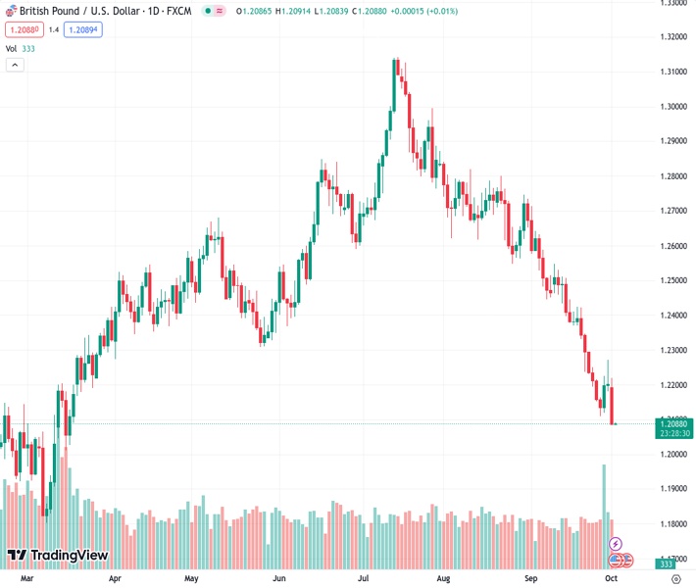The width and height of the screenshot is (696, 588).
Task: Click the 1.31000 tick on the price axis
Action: coord(672,72)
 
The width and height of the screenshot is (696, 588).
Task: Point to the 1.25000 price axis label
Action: coord(672,280)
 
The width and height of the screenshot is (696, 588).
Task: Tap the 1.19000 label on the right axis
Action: coord(672,488)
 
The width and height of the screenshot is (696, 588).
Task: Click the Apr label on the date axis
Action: coord(116,578)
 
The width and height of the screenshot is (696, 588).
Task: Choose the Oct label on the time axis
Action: coord(612,578)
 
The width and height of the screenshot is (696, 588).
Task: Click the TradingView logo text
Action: coord(69,556)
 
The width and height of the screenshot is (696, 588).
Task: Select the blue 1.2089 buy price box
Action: coord(83,29)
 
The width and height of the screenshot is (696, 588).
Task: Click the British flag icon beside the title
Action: coord(10,10)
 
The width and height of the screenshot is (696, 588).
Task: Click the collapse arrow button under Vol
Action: coord(15,65)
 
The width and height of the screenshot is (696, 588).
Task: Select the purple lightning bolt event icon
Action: coord(616,543)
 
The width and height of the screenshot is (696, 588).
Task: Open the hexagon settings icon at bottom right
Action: coord(674,578)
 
